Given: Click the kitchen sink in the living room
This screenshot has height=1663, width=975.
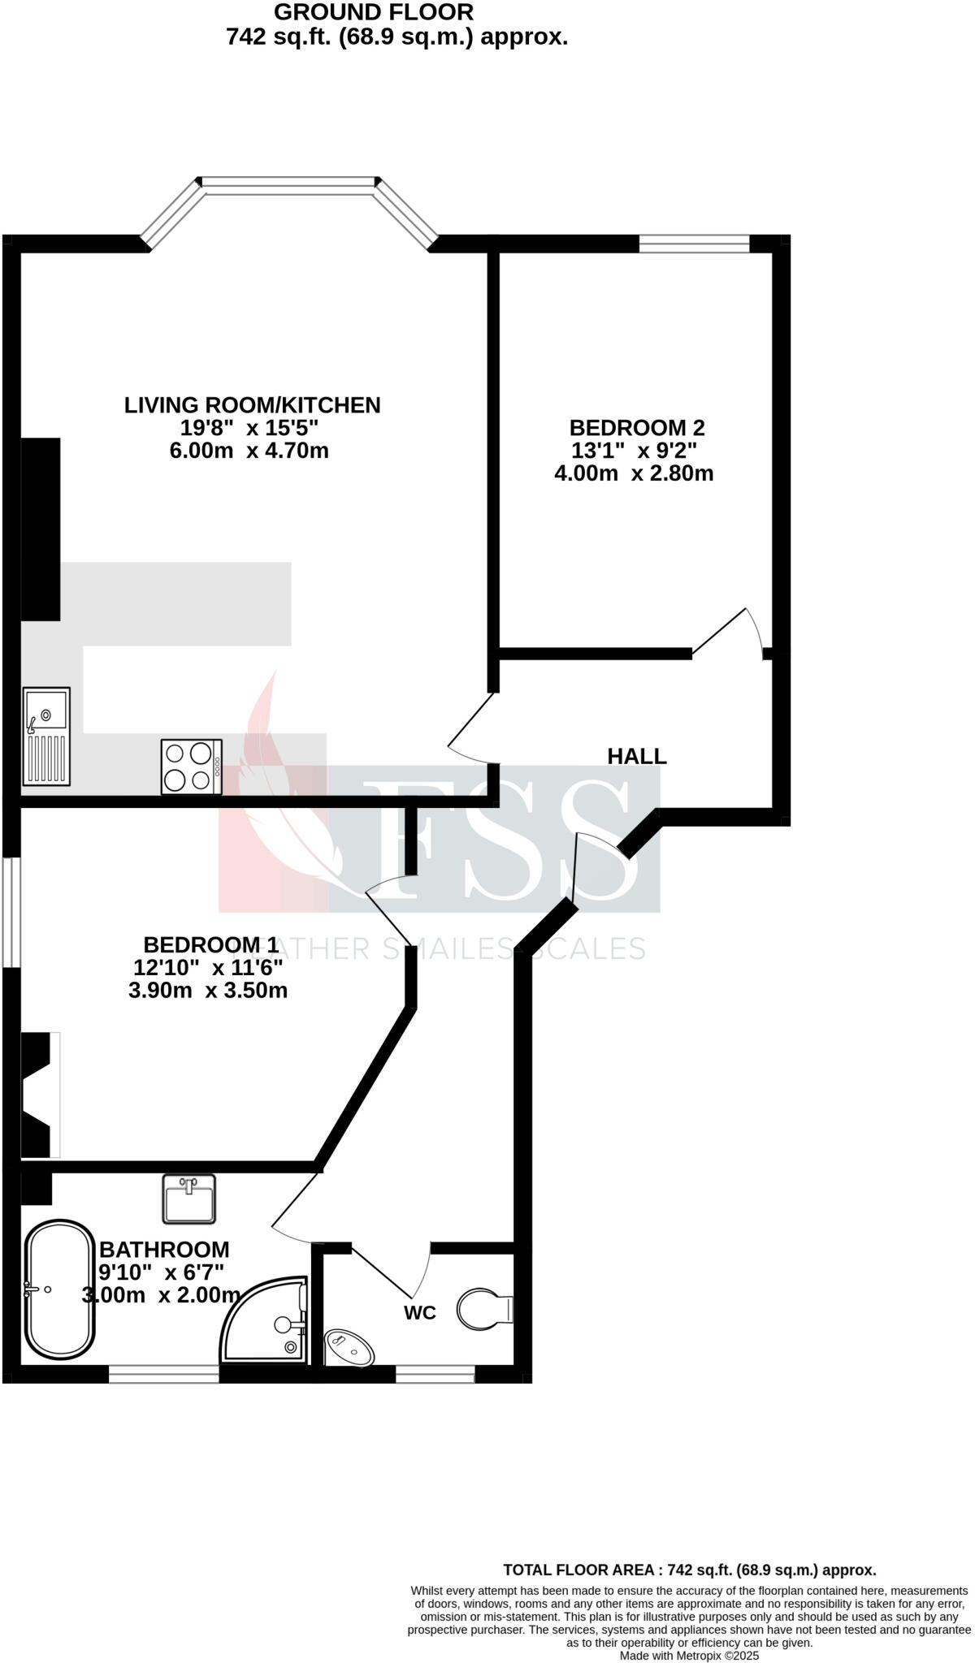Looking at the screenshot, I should pyautogui.click(x=46, y=736).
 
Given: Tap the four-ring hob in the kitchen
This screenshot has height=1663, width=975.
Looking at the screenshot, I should pyautogui.click(x=191, y=766).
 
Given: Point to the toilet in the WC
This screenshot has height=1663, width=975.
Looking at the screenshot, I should pyautogui.click(x=483, y=1308).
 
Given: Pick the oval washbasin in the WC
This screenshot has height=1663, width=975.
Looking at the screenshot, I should pyautogui.click(x=349, y=1349).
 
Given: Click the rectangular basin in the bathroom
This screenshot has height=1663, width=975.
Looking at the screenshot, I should pyautogui.click(x=188, y=1199).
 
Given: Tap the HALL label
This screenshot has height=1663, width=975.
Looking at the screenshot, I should pyautogui.click(x=637, y=756).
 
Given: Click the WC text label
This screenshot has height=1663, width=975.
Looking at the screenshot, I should pyautogui.click(x=420, y=1312).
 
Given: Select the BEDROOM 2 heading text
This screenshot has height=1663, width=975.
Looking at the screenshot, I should pyautogui.click(x=637, y=427).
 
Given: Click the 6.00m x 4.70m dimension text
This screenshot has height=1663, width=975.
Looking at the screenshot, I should pyautogui.click(x=249, y=451).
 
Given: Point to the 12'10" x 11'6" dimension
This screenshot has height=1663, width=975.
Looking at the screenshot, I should pyautogui.click(x=208, y=967).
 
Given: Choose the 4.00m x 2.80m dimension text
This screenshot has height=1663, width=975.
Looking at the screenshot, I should pyautogui.click(x=634, y=473).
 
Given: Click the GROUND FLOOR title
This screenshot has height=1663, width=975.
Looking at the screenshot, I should pyautogui.click(x=374, y=12).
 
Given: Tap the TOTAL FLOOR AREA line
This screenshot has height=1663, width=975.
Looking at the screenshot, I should pyautogui.click(x=689, y=1570).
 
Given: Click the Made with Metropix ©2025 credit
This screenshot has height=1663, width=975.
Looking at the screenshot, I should pyautogui.click(x=689, y=1655).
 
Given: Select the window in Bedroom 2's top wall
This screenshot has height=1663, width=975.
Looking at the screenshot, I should pyautogui.click(x=694, y=243).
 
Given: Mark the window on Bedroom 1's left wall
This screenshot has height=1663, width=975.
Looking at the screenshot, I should pyautogui.click(x=11, y=913).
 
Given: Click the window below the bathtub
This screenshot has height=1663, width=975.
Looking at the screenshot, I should pyautogui.click(x=163, y=1373).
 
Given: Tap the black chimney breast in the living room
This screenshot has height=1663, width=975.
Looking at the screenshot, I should pyautogui.click(x=41, y=529).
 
